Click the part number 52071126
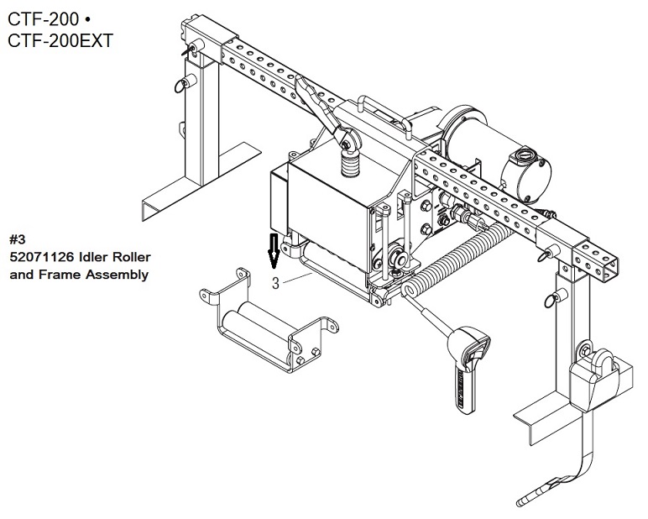click(x=41, y=256)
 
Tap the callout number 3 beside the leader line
click(x=275, y=284)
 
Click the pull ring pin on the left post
click(x=180, y=84)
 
